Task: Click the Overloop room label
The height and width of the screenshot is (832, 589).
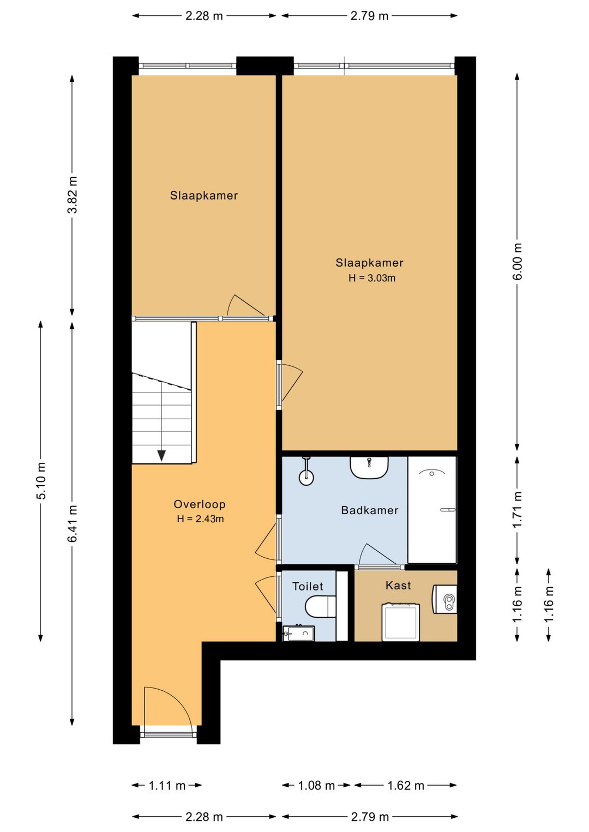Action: (x=200, y=504)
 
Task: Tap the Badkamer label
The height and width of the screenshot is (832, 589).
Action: (x=370, y=510)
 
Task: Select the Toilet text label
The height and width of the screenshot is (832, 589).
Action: (x=308, y=586)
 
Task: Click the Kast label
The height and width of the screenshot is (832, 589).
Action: (x=398, y=586)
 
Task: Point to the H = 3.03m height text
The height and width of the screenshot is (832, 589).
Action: (x=371, y=278)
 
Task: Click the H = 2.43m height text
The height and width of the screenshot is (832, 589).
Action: (x=200, y=519)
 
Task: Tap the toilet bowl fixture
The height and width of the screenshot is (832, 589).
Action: (x=320, y=607)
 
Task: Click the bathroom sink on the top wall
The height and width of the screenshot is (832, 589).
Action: (x=369, y=468)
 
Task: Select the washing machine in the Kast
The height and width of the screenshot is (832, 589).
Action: (x=401, y=622)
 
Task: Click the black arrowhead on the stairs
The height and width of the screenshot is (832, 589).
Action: (x=161, y=455)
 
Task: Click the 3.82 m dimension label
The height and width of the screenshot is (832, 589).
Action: (x=73, y=195)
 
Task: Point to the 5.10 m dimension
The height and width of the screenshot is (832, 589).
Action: (x=41, y=481)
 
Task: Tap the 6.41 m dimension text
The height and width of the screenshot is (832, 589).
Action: (x=73, y=523)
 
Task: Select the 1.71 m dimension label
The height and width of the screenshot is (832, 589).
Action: (x=517, y=509)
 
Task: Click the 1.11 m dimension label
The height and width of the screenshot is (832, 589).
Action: (x=167, y=786)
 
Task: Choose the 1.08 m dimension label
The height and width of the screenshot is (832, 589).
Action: (x=316, y=786)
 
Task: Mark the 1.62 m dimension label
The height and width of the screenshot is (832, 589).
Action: (x=405, y=786)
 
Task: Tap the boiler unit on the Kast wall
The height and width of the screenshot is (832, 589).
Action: (x=444, y=600)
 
